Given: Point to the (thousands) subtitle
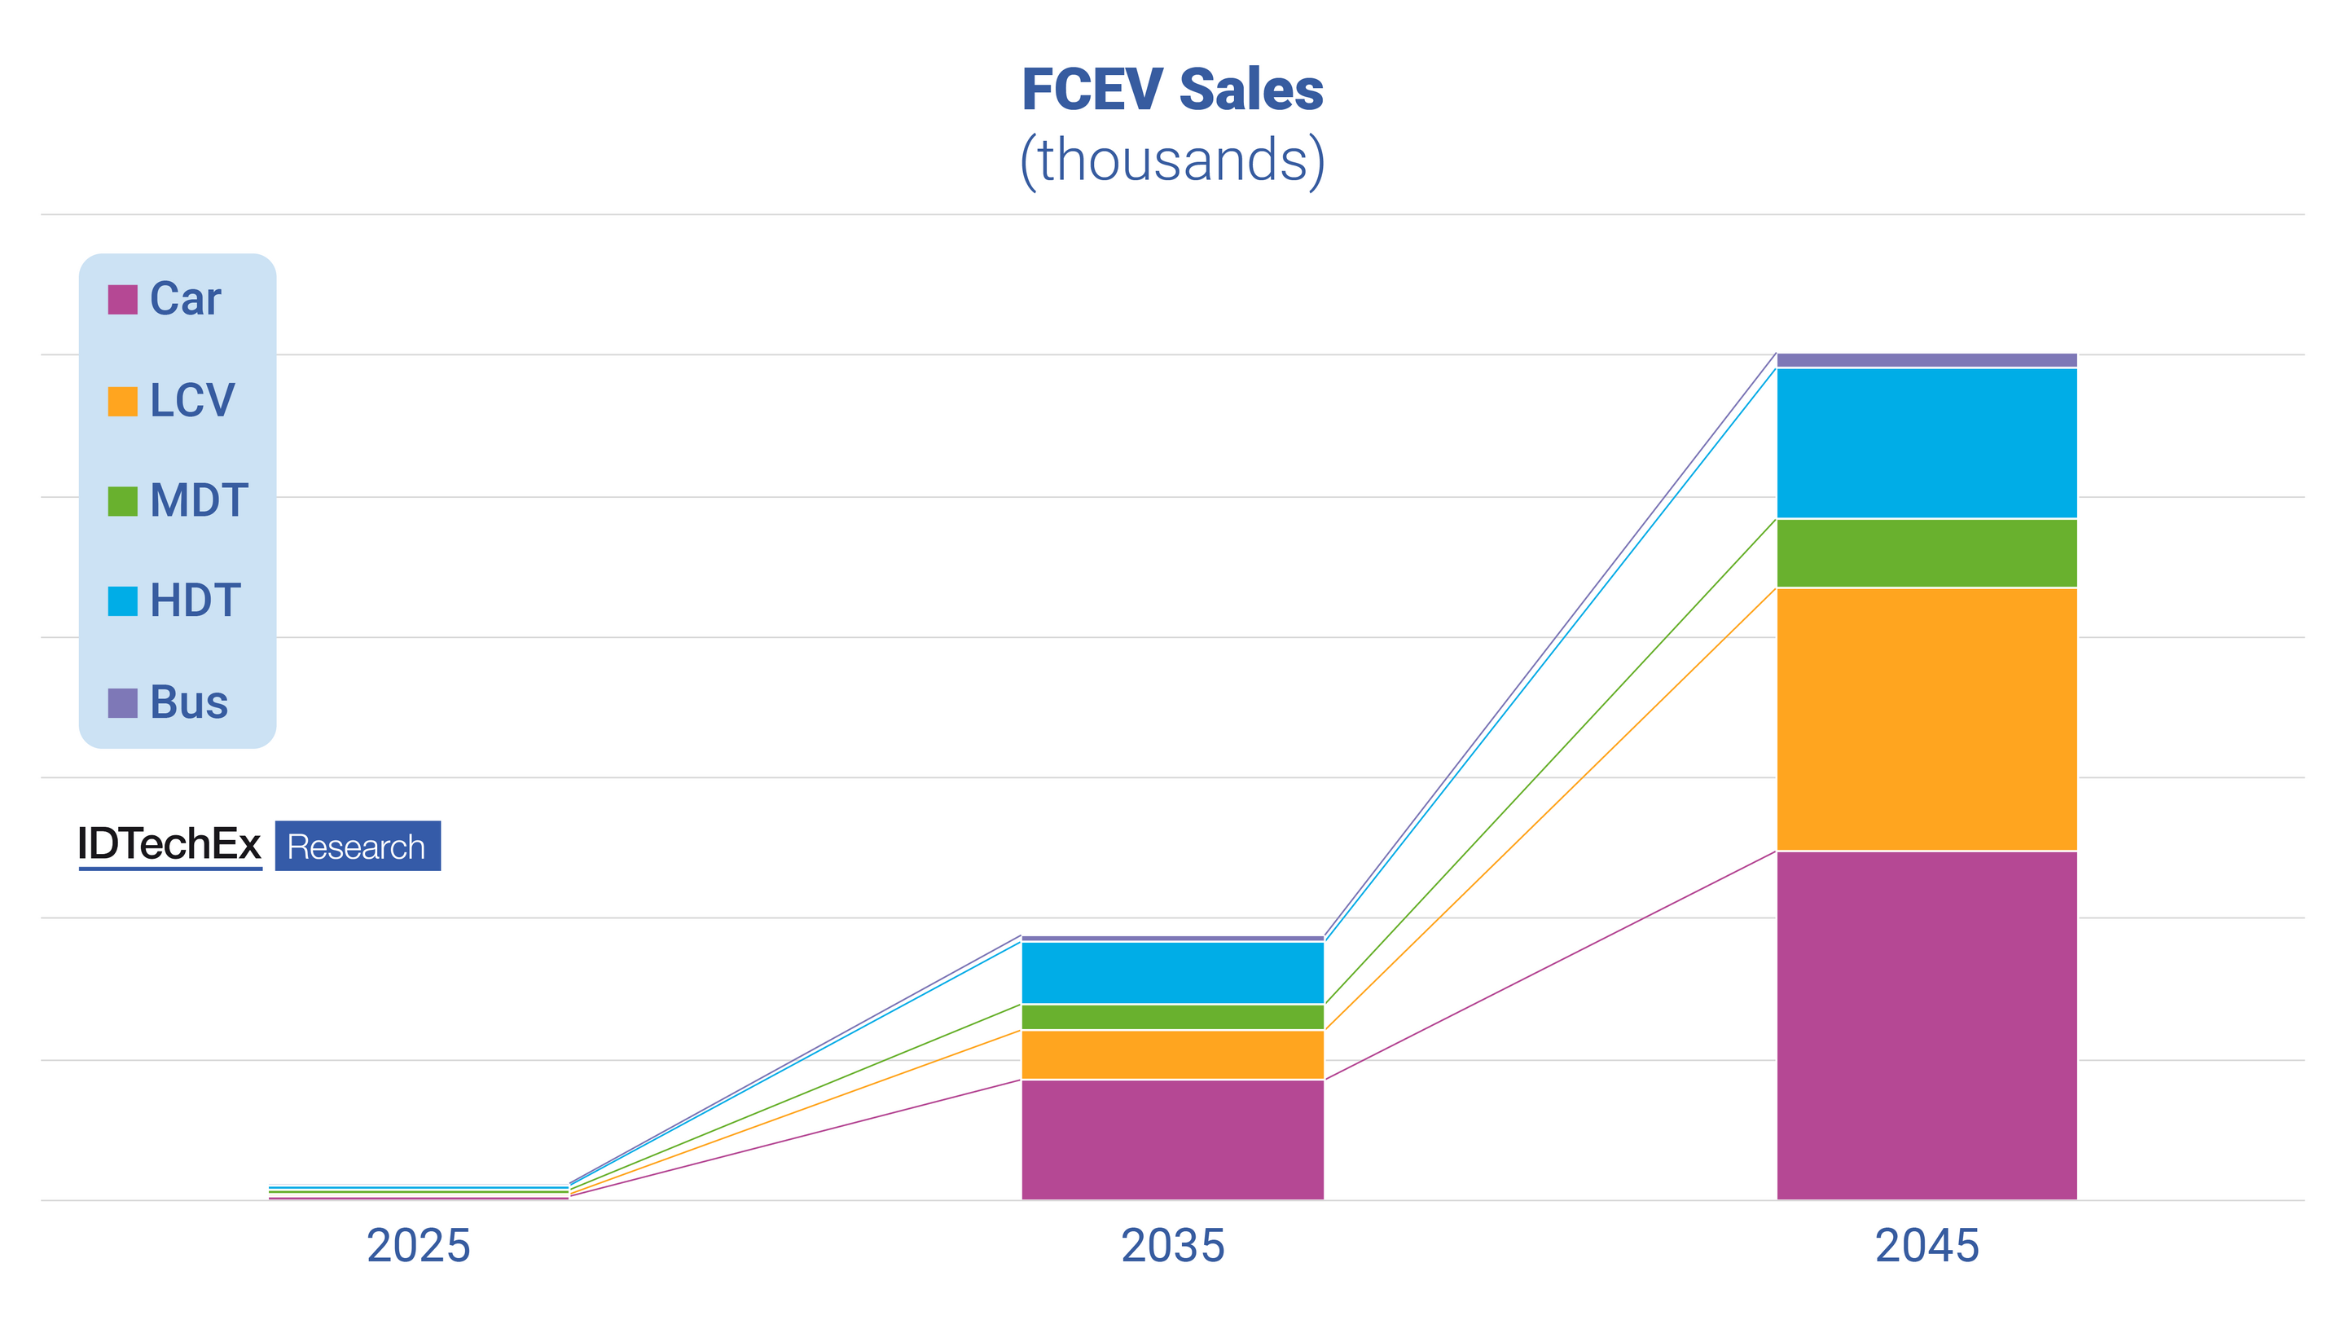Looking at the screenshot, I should (1172, 161).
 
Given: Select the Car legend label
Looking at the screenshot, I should (185, 299).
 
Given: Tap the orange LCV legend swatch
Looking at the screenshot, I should (122, 401).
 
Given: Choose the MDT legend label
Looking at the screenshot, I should (199, 500).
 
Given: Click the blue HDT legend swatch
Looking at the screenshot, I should (122, 601).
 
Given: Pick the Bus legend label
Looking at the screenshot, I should (188, 702).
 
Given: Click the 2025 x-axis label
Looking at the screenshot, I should (418, 1245).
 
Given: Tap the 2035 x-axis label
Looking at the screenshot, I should (1172, 1245).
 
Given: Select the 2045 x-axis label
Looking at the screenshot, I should (1927, 1245).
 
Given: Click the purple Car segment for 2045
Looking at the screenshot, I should (1927, 1025).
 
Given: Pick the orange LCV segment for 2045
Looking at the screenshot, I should (1927, 719).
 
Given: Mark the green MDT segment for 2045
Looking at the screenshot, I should (1927, 553).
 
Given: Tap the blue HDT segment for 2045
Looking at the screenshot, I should (1927, 442).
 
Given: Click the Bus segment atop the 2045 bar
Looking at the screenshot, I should (1927, 360).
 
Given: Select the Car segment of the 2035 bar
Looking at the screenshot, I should (1172, 1139).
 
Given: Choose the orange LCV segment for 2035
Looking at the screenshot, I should (1172, 1054).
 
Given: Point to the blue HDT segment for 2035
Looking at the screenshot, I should (1172, 972).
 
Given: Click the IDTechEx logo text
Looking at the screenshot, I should (169, 844).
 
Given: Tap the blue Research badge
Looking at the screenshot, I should (357, 847).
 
